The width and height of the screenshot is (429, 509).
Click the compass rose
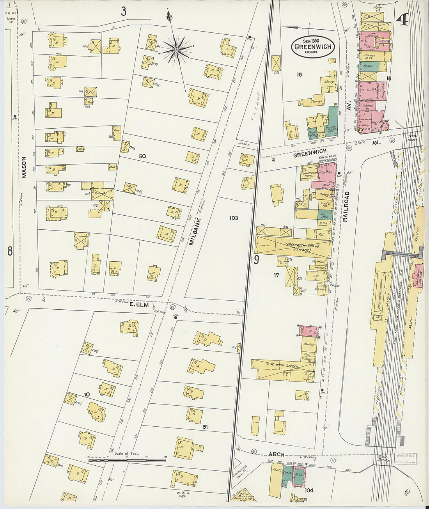point(176,50)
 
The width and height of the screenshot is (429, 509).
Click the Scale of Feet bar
point(127,460)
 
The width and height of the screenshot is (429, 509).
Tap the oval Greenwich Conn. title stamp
point(313,47)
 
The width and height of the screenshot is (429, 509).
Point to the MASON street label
point(24,167)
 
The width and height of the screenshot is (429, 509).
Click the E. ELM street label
point(139,305)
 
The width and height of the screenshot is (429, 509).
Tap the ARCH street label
point(276,454)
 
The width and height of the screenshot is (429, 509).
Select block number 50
point(142,156)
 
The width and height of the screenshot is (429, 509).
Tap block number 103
point(234,218)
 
